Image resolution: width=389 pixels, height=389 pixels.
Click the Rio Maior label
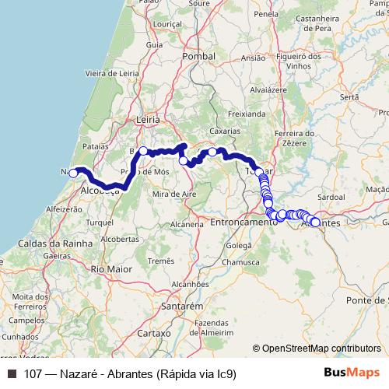[x=108, y=268]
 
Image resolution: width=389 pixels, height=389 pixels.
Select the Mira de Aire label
[x=173, y=193]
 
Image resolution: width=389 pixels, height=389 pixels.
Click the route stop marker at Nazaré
[x=73, y=173]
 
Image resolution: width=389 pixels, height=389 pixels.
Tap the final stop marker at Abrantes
[x=315, y=223]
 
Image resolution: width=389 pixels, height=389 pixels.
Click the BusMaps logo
[x=351, y=373]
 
